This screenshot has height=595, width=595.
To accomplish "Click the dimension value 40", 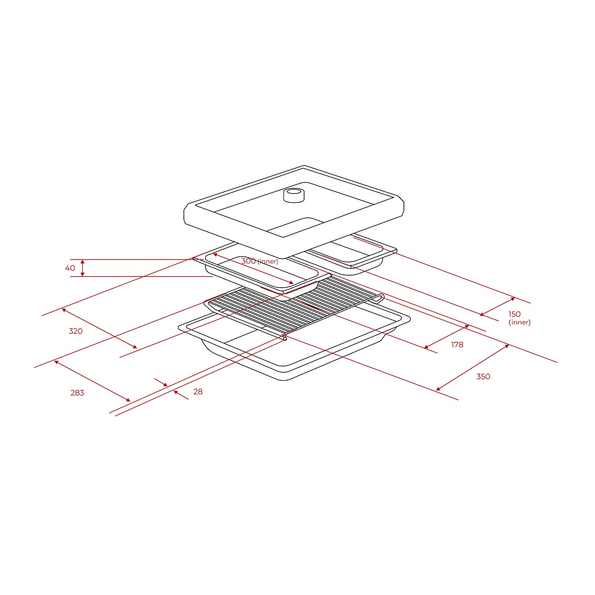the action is click(x=70, y=268).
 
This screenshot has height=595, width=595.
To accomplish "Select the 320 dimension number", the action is click(x=76, y=331).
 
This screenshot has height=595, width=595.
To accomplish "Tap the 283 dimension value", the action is click(x=77, y=393).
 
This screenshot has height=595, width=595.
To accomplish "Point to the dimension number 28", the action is click(x=197, y=392).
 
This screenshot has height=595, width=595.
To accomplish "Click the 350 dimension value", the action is click(x=483, y=376).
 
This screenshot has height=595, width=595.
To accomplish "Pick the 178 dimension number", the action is click(x=457, y=345).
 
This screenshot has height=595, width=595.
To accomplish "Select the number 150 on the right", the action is click(x=514, y=314).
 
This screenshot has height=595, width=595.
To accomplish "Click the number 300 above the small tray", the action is click(x=249, y=261).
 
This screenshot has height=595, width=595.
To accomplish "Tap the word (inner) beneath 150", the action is click(x=519, y=322).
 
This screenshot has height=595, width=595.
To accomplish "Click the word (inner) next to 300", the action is click(x=268, y=261).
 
